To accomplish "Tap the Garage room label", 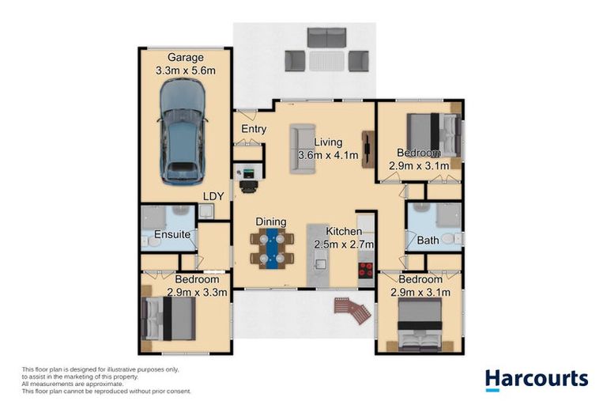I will click(185, 58).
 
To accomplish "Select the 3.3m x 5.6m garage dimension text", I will click(185, 70).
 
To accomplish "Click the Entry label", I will click(254, 129).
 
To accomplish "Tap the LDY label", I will click(213, 195).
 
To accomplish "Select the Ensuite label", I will click(172, 235).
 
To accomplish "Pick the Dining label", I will click(270, 221).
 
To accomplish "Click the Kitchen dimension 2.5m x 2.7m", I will click(345, 244).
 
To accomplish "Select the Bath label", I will click(428, 240).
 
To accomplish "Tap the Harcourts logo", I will click(536, 379).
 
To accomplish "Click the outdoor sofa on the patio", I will click(326, 37).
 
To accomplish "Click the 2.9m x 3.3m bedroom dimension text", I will click(198, 292).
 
